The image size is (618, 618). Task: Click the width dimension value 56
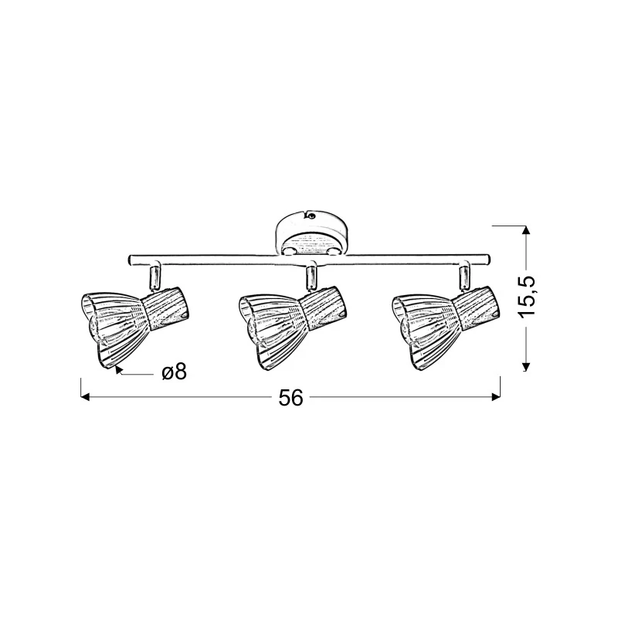[291, 397]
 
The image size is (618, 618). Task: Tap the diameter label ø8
[174, 372]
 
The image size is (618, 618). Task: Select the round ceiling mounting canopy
[311, 232]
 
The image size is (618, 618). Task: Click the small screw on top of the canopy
[311, 216]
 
